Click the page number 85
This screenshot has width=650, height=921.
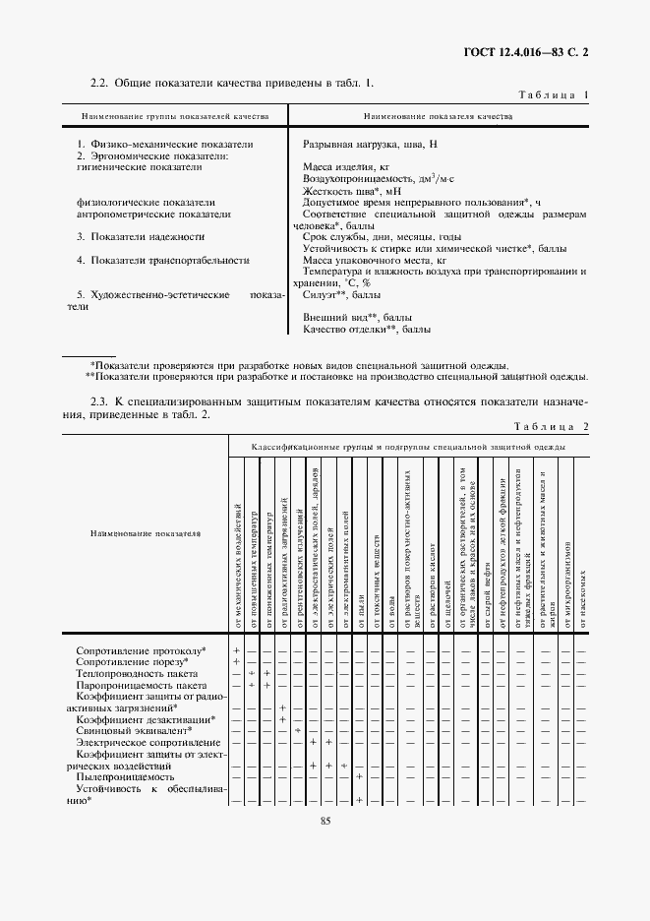[325, 822]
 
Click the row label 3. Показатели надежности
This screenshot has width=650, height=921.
[141, 237]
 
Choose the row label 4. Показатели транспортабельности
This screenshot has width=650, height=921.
[162, 260]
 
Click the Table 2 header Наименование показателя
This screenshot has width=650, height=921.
[144, 533]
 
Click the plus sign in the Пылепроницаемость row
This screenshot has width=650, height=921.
[359, 777]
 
